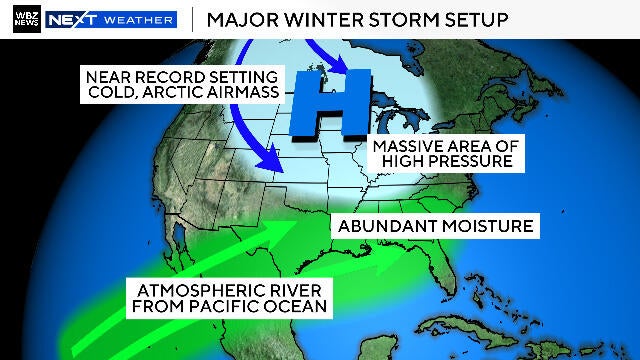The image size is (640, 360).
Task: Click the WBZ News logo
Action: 29,19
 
